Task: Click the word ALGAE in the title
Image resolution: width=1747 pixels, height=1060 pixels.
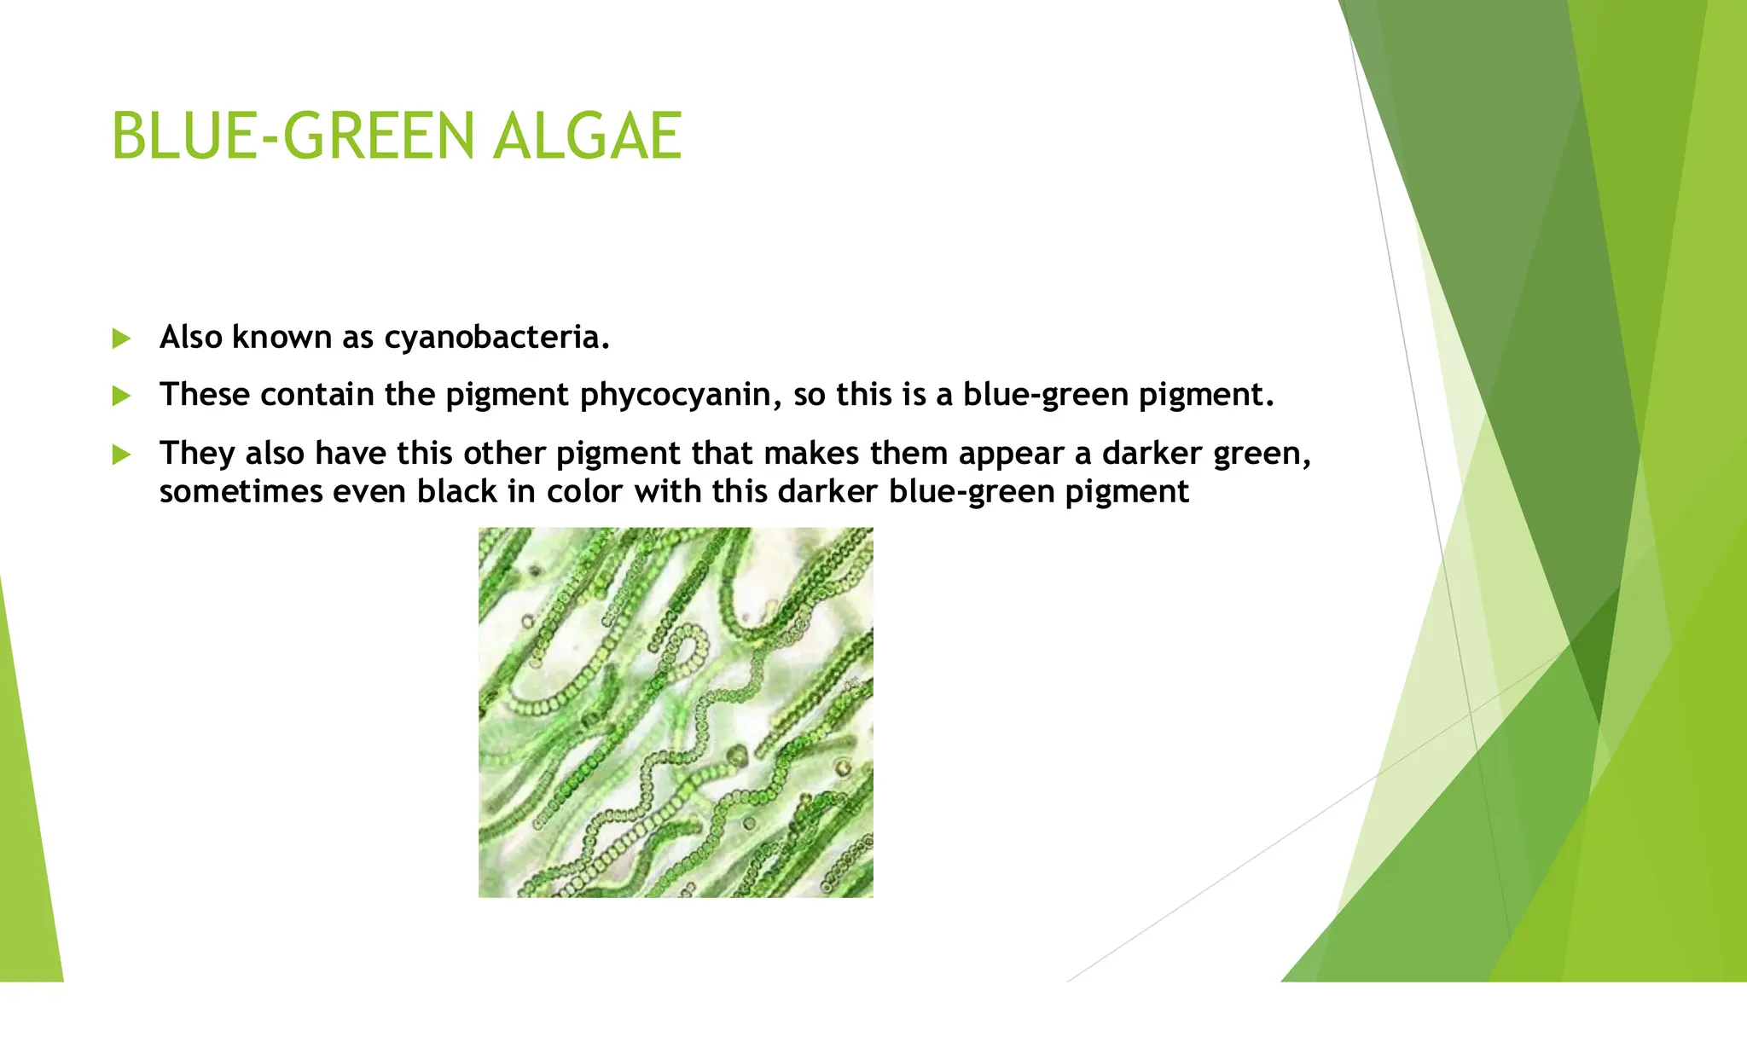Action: tap(587, 136)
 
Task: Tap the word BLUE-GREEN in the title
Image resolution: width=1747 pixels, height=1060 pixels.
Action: tap(293, 136)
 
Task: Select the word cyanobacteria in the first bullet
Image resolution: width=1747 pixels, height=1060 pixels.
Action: tap(496, 338)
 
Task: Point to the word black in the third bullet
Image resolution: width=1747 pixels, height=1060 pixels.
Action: tap(456, 492)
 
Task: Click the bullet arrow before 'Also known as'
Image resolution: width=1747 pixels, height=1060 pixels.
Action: tap(121, 339)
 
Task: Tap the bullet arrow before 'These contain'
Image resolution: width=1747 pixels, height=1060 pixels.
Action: tap(121, 397)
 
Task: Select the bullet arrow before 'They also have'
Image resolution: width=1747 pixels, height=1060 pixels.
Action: tap(121, 455)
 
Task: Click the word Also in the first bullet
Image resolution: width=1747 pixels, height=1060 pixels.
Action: tap(191, 338)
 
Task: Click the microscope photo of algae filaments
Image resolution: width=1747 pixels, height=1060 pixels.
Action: tap(676, 712)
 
